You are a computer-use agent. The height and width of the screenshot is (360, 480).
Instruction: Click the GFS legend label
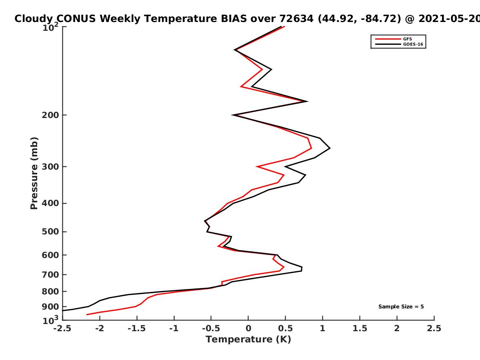[x=408, y=39]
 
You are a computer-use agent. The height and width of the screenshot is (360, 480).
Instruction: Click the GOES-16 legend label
[x=413, y=44]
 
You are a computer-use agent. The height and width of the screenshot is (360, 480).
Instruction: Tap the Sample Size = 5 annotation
[x=401, y=307]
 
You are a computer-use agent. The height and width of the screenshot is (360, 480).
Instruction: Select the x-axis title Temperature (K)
[x=248, y=339]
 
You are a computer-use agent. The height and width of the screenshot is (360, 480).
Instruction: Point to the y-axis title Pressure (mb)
[x=34, y=173]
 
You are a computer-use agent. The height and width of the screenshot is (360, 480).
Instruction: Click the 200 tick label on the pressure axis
[x=50, y=115]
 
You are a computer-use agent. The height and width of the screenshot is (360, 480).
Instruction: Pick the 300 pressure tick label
[x=50, y=167]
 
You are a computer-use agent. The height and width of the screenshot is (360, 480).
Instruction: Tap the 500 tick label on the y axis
[x=50, y=232]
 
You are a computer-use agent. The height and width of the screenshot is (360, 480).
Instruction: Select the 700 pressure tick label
[x=50, y=274]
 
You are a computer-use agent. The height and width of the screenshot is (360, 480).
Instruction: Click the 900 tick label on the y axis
[x=50, y=307]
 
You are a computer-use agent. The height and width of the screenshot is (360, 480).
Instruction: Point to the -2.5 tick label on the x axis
[x=62, y=328]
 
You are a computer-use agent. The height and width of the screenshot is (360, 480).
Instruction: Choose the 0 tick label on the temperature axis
[x=248, y=328]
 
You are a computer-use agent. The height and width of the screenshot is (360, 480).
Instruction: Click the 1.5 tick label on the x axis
[x=360, y=328]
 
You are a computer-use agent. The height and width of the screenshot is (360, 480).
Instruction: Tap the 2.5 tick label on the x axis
[x=434, y=328]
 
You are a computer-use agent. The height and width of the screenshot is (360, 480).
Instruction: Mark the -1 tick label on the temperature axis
[x=174, y=328]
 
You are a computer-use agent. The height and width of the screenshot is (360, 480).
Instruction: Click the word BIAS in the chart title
[x=234, y=19]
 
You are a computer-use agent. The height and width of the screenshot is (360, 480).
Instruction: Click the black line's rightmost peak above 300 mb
[x=330, y=148]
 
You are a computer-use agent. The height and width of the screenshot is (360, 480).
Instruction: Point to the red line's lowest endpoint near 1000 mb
[x=87, y=314]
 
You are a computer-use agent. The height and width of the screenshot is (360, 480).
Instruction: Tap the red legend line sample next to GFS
[x=388, y=39]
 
